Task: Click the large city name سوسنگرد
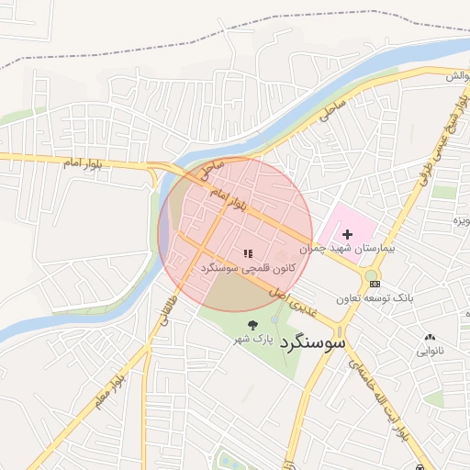pyautogui.click(x=313, y=342)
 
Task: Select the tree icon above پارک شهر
pyautogui.click(x=253, y=324)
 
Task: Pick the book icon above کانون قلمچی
pyautogui.click(x=247, y=252)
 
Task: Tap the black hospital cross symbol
pyautogui.click(x=347, y=235)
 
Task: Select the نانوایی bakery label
pyautogui.click(x=431, y=350)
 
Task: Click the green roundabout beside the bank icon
pyautogui.click(x=371, y=274)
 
